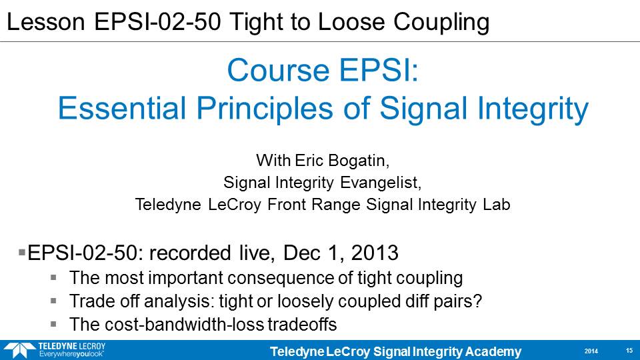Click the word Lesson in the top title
point(46,21)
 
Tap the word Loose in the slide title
point(351,21)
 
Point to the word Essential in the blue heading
point(122,108)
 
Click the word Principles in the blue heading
point(265,109)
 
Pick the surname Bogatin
point(359,161)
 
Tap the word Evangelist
point(381,183)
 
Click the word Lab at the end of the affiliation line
point(497,204)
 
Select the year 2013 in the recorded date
point(375,253)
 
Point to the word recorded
point(190,253)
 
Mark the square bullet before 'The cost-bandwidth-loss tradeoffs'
point(53,324)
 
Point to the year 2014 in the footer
point(591,351)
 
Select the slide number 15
point(629,351)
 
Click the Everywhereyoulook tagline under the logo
point(71,354)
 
